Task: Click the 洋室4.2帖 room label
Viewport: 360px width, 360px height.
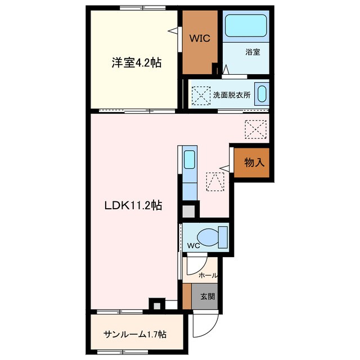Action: pos(136,64)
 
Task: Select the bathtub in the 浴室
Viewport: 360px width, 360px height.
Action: pos(245,26)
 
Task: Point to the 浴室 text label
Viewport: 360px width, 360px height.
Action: pos(253,52)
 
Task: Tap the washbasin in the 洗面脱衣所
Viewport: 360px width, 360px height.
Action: pos(261,93)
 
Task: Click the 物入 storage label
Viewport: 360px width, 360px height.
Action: pos(254,163)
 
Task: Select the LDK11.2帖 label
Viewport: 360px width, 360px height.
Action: pos(133,205)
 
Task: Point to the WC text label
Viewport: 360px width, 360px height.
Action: pos(193,245)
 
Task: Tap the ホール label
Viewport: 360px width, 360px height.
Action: pos(208,276)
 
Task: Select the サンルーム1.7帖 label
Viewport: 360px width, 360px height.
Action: pos(134,334)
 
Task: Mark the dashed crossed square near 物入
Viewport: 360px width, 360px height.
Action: pos(256,129)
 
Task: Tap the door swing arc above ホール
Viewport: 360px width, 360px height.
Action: pos(195,265)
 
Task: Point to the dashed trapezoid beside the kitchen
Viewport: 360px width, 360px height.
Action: pos(214,182)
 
